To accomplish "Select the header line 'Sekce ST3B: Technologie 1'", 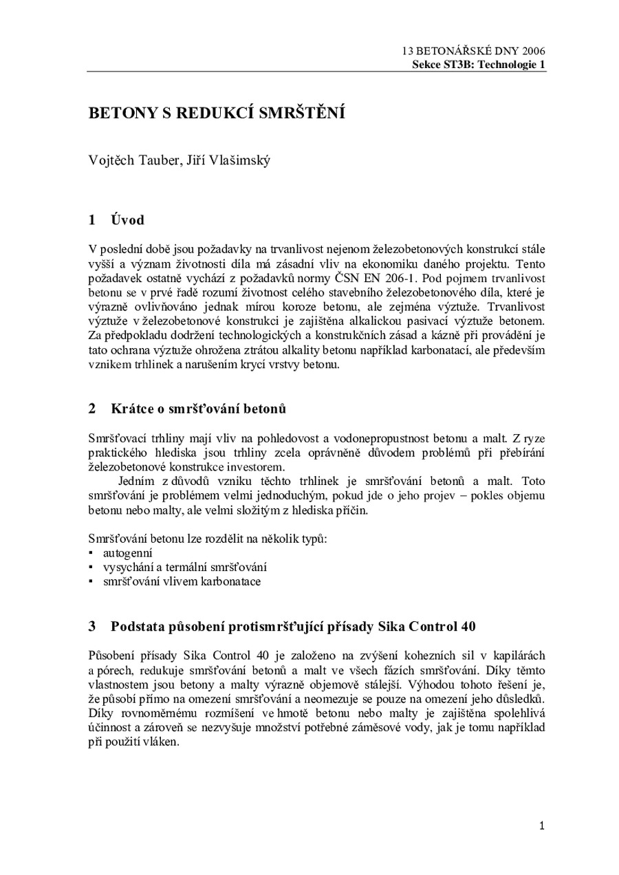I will [479, 65].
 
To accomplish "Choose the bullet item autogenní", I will [128, 552].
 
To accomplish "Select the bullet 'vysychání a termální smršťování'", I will [185, 567].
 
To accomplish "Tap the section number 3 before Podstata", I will [92, 627].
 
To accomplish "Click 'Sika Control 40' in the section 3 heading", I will [435, 627].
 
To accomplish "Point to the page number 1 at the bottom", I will [542, 825].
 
